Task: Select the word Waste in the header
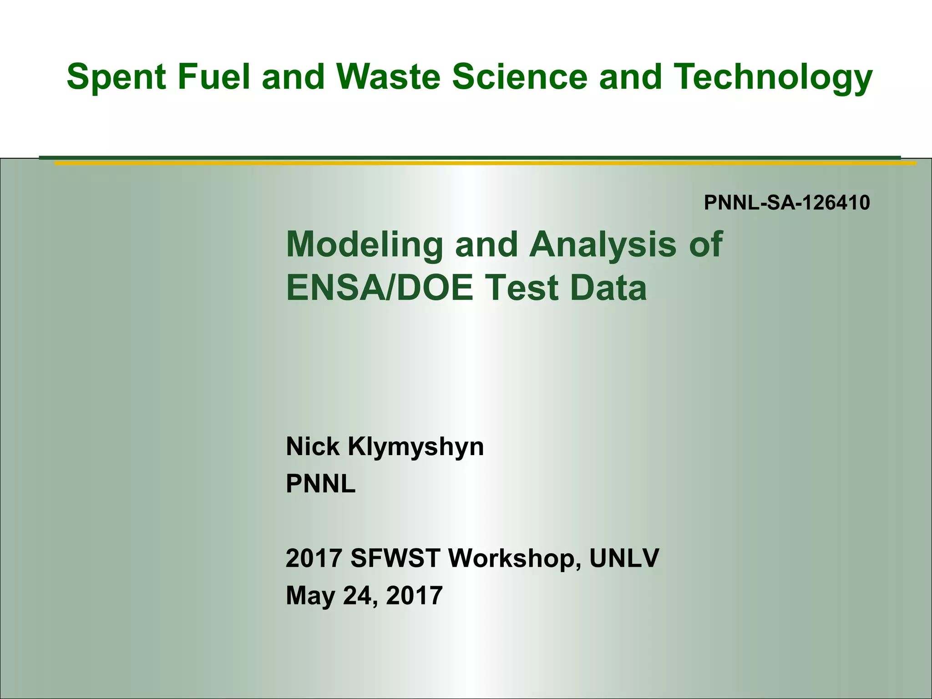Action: [x=388, y=76]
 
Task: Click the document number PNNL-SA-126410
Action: [x=787, y=203]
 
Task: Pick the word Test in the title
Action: [x=522, y=288]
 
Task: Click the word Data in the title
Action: [x=608, y=288]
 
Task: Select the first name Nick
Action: [x=313, y=446]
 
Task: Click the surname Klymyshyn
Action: [x=415, y=447]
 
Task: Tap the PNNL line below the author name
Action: [x=320, y=484]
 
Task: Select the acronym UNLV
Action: [x=624, y=558]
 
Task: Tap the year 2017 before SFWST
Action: [x=314, y=558]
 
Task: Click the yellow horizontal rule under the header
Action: [x=485, y=163]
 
